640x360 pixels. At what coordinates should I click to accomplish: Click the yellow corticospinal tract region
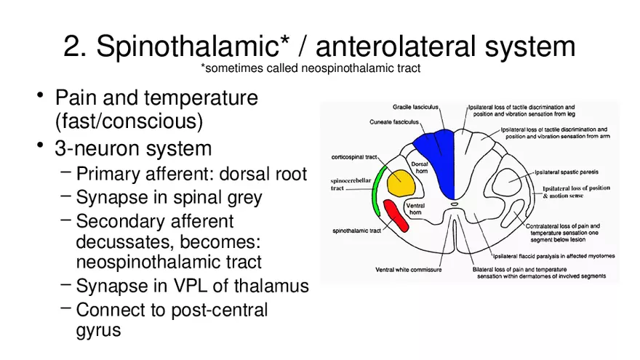pos(401,183)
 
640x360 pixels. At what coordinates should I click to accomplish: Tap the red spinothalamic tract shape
pos(396,216)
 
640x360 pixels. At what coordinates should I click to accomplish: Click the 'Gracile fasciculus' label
pos(415,107)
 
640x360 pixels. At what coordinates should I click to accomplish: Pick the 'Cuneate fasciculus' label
pos(394,121)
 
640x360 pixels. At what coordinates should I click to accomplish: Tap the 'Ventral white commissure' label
pos(409,269)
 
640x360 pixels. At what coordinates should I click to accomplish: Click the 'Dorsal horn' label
pos(420,167)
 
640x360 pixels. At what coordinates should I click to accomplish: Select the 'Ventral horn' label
pos(415,209)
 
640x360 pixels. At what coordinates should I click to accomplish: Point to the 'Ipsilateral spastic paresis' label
pos(567,172)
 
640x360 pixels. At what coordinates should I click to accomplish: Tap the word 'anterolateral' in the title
pos(395,46)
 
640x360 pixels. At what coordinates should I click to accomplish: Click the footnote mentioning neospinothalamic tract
pos(311,68)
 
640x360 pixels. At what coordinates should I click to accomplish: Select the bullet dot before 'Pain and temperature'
pos(40,95)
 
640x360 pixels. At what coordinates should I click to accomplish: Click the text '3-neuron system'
pos(133,148)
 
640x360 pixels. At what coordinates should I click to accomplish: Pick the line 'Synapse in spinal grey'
pos(169,198)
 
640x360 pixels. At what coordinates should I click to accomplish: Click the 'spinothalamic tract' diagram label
pos(357,231)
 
